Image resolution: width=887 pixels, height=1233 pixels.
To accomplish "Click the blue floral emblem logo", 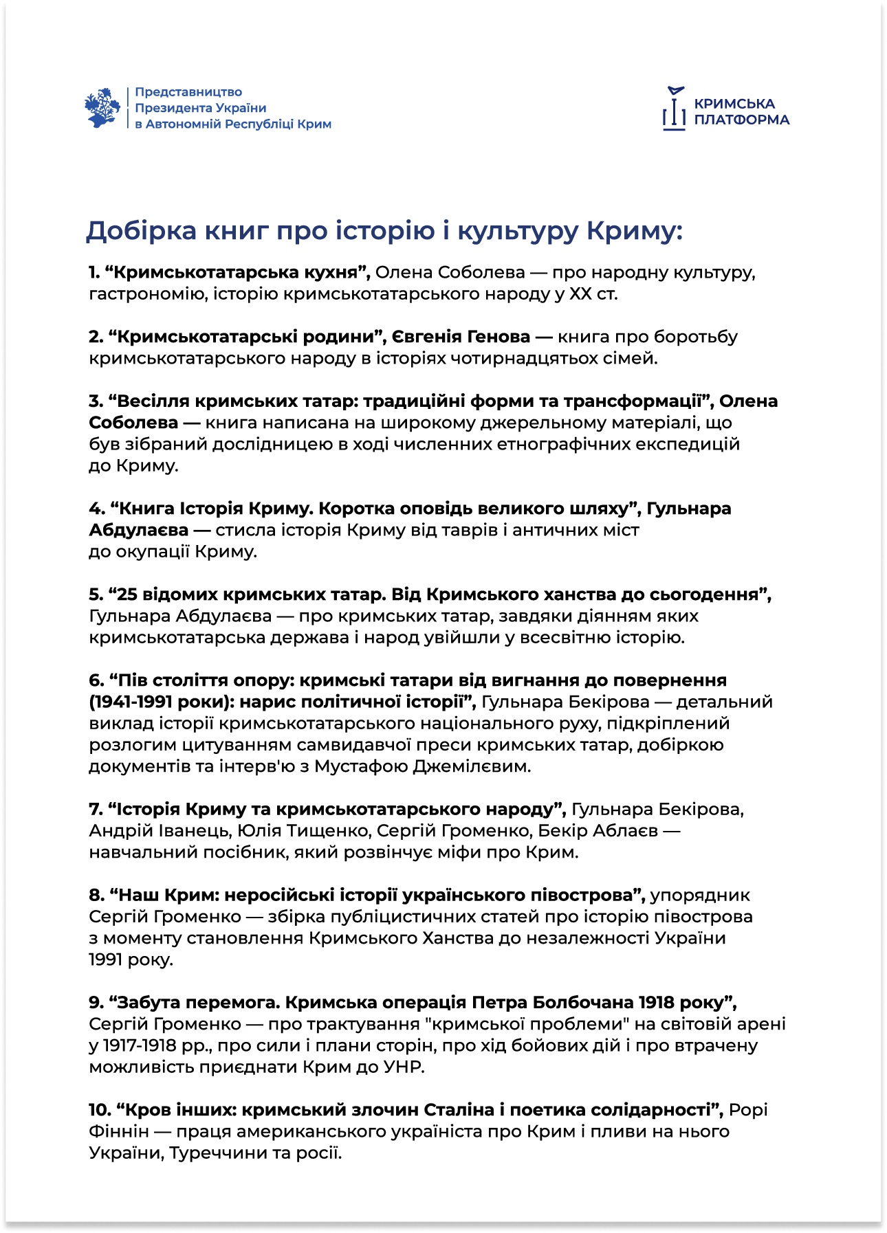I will click(102, 107).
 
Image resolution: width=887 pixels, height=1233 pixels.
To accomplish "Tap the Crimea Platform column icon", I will click(675, 109).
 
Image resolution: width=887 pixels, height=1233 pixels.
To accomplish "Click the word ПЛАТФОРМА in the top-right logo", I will click(741, 120).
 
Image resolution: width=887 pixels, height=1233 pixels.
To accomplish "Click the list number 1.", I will click(94, 272).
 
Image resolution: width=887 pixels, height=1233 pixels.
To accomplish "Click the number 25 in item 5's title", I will click(127, 595).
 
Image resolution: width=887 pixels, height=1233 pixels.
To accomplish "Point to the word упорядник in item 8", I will click(700, 896).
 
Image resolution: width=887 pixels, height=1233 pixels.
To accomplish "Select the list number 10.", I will click(99, 1110).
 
